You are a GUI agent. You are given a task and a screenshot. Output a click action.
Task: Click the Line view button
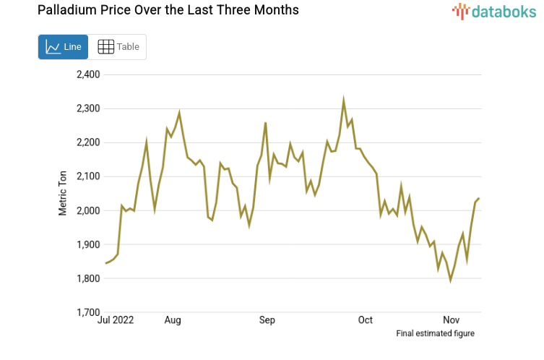click(63, 47)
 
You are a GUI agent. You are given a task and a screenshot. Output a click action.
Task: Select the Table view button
click(118, 47)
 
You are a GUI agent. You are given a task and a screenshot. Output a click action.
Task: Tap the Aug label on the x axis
click(173, 320)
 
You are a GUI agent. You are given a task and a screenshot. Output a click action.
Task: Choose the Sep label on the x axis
click(267, 320)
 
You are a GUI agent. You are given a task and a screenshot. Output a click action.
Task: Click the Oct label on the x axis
click(365, 320)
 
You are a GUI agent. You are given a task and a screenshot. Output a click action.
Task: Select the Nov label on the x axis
click(451, 320)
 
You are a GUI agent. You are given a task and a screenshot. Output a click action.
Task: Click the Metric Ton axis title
click(63, 193)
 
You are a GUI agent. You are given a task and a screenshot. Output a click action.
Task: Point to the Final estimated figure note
click(435, 333)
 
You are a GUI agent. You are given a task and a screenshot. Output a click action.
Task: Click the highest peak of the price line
click(344, 100)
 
